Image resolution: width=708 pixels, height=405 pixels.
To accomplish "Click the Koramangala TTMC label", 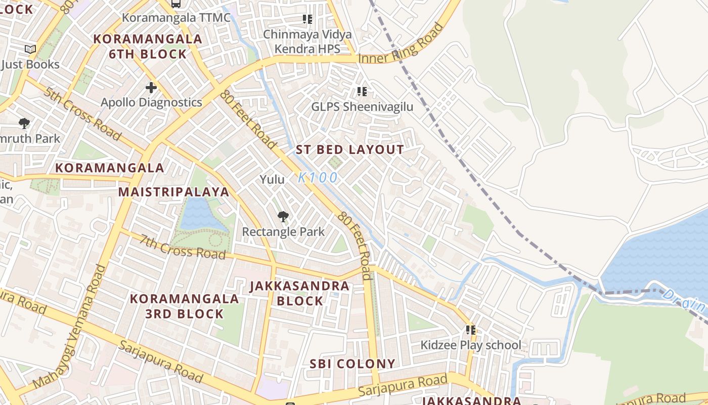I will tap(176, 18).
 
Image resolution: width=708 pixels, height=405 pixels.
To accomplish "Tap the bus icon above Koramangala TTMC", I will tap(175, 4).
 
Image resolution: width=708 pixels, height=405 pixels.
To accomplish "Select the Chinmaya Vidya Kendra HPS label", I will tap(307, 42).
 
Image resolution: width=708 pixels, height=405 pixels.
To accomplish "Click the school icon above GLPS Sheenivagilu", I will tap(362, 92).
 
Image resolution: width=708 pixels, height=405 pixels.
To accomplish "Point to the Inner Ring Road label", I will tap(396, 50).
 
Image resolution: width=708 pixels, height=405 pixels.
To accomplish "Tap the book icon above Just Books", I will tap(30, 50).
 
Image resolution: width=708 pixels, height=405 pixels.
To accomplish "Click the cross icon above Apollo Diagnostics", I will tap(151, 88).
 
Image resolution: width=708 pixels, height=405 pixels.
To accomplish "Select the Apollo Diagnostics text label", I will tap(151, 102).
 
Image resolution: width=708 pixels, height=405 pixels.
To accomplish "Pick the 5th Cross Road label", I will tap(82, 114).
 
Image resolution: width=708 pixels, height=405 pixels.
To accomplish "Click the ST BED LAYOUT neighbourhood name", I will tap(350, 150).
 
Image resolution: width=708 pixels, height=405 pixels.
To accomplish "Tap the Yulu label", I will tap(272, 179).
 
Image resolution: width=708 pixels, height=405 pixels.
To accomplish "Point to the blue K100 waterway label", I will tap(318, 178).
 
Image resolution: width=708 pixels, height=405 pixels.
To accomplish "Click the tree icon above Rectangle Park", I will tap(283, 217).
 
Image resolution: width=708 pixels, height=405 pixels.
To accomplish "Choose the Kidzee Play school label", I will tap(471, 345).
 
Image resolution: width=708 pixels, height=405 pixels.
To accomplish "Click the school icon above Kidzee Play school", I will tap(471, 331).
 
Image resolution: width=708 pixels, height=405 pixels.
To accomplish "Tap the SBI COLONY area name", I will tap(352, 364).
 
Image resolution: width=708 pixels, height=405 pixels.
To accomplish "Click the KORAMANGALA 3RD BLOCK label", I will tap(185, 306).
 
